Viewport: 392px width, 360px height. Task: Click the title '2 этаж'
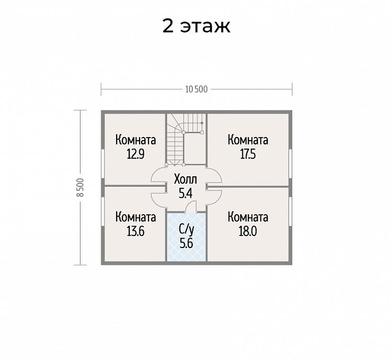[196, 26]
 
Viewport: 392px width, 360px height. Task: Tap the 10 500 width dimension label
[197, 89]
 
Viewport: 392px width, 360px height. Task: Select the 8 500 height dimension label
[80, 187]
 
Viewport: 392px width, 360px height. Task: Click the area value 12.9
[135, 154]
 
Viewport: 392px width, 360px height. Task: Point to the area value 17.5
[248, 154]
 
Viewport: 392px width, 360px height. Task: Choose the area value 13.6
[135, 232]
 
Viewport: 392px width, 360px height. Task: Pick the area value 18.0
[248, 232]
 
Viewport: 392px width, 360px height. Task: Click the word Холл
[186, 179]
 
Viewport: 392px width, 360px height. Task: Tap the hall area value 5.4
[186, 193]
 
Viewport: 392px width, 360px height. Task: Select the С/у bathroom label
[187, 230]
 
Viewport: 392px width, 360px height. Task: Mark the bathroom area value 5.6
[187, 243]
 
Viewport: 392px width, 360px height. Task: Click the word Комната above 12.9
[135, 140]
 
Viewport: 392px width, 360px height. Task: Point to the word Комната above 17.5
[248, 140]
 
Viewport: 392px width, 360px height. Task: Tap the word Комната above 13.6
[135, 217]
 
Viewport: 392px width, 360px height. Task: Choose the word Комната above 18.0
[248, 217]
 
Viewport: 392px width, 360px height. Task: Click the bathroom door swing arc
[190, 204]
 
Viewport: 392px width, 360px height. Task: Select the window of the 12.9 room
[103, 164]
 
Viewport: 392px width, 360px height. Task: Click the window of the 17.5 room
[290, 164]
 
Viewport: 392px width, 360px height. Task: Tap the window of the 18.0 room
[290, 211]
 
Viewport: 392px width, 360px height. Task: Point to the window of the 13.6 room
[103, 211]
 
